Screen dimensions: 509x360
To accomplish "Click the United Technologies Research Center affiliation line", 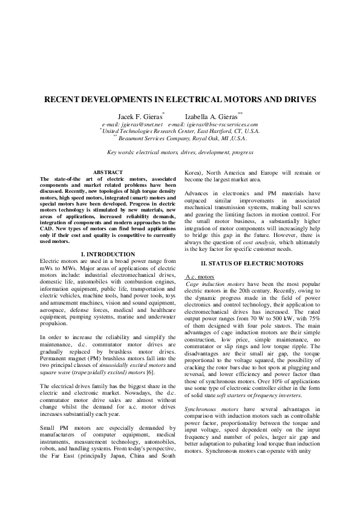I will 180,131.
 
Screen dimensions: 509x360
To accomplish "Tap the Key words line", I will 180,152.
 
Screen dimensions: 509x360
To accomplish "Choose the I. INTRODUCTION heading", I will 107,254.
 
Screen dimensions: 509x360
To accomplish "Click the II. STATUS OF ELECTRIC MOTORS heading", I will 252,263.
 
